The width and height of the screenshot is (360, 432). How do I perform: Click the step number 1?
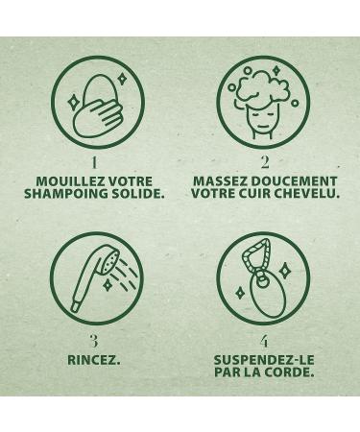[x=93, y=162]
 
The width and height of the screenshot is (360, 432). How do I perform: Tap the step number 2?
[x=264, y=162]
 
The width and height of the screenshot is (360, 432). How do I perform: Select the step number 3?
[x=93, y=340]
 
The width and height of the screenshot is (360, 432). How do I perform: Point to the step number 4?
[x=264, y=340]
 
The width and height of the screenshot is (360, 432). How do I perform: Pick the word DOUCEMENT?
[x=294, y=180]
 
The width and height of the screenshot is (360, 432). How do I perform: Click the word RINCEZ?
[x=93, y=361]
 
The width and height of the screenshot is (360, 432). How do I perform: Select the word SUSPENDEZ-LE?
[x=264, y=361]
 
